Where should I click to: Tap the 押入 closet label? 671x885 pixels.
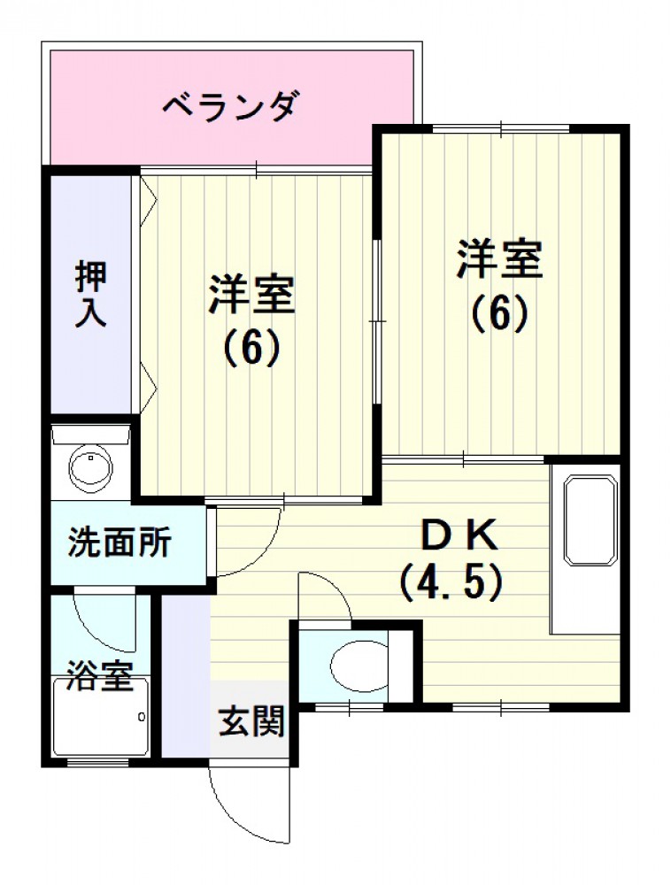click(91, 294)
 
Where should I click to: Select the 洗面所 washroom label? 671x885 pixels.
click(120, 543)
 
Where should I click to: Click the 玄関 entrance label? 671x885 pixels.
click(251, 720)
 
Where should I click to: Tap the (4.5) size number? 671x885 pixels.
click(451, 582)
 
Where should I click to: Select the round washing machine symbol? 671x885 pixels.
click(91, 466)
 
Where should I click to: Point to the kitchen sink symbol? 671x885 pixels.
click(589, 519)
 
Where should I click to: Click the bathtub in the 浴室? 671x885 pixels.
click(100, 717)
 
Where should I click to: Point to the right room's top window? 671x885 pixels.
click(501, 129)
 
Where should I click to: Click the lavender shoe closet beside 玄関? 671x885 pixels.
click(186, 675)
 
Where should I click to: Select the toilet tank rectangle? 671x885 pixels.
click(401, 666)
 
